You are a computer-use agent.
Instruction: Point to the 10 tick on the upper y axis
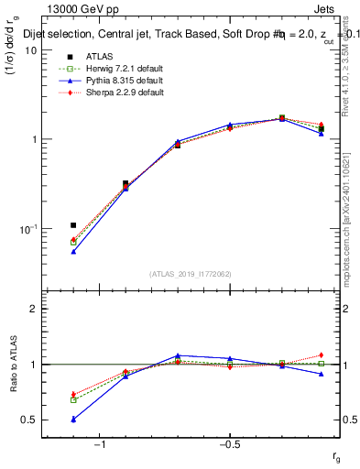click(30, 50)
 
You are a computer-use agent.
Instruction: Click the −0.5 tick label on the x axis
click(229, 444)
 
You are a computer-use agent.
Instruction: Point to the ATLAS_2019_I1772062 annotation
click(191, 273)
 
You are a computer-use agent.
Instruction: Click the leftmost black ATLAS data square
click(73, 224)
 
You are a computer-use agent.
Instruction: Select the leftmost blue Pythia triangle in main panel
click(73, 251)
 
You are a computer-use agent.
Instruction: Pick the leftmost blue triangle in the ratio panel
click(73, 420)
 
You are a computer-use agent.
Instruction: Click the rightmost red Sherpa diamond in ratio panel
click(322, 355)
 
